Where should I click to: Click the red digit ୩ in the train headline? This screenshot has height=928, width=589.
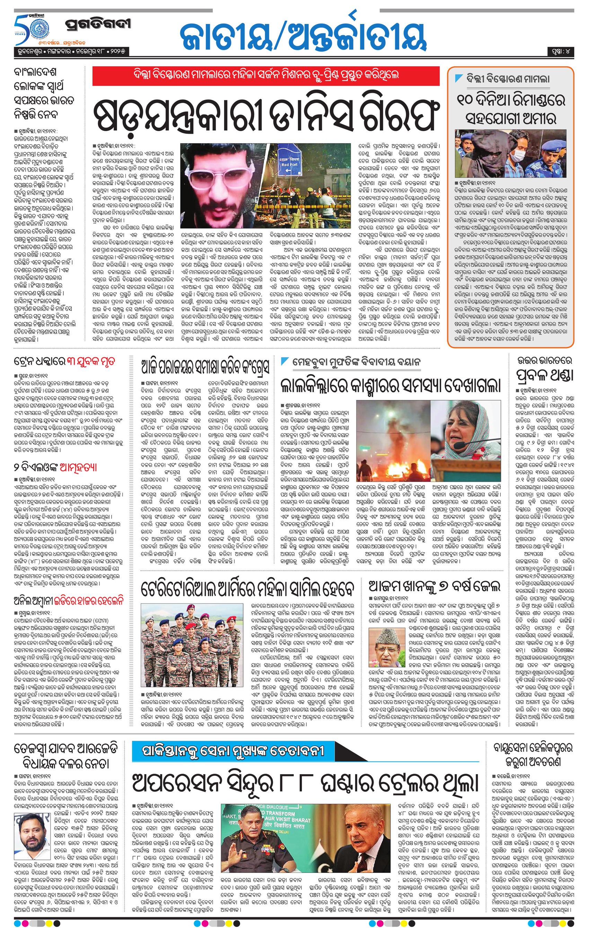click(71, 362)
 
